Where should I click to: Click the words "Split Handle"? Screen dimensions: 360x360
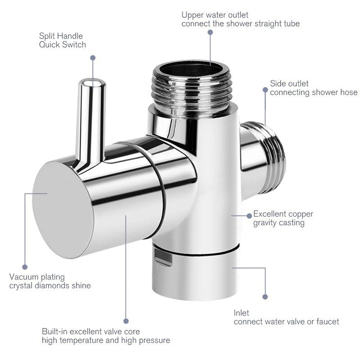tap(61, 36)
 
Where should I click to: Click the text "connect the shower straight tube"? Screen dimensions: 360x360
tap(240, 23)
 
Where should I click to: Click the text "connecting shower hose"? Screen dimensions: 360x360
tap(314, 92)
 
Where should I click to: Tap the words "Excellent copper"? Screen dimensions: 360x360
tap(283, 214)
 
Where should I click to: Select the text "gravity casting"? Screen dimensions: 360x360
tap(279, 223)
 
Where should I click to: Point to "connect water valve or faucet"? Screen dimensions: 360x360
tap(286, 322)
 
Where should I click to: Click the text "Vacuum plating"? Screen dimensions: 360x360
tap(37, 277)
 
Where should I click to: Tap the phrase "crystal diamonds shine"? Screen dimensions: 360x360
tap(50, 286)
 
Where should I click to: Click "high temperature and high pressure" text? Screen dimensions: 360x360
tap(106, 340)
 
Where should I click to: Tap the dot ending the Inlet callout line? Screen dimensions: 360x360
tap(265, 297)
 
